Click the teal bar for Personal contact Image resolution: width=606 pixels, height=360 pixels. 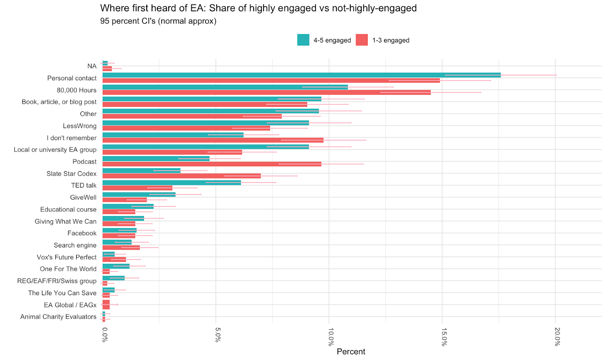[x=301, y=75]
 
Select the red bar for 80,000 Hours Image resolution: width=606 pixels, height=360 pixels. [x=266, y=92]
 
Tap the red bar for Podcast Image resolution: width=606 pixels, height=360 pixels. [x=212, y=164]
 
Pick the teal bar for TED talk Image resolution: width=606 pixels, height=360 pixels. [x=172, y=183]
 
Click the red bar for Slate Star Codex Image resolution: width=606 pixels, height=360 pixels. [x=181, y=176]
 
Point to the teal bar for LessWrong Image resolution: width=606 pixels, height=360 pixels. [x=206, y=123]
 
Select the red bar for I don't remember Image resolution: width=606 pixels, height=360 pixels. [x=213, y=140]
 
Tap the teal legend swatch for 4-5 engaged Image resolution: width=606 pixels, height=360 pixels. [x=303, y=40]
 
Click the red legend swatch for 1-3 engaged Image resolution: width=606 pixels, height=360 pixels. [x=362, y=40]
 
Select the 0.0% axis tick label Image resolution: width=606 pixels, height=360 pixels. [x=105, y=335]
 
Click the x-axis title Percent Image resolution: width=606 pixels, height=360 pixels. [x=351, y=352]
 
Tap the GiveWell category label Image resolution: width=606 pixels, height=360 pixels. [x=83, y=197]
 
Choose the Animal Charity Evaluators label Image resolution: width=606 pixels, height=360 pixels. [x=58, y=317]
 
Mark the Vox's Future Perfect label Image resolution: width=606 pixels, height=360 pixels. [x=66, y=257]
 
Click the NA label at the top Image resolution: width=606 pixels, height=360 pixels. [x=92, y=66]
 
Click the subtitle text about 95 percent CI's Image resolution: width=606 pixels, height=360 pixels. [x=158, y=21]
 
